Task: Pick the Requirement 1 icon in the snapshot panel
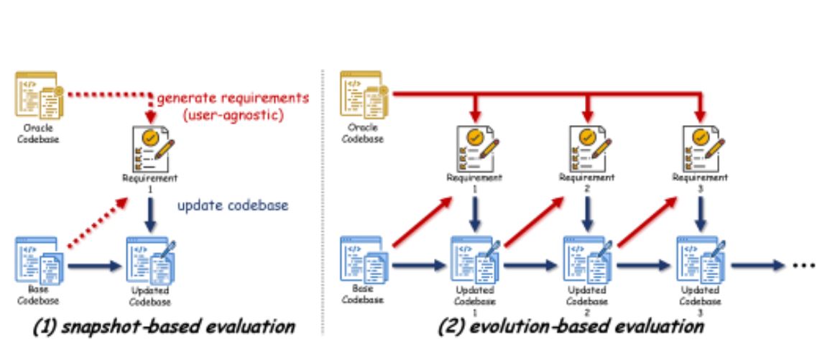click(x=150, y=148)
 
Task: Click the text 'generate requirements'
click(x=233, y=97)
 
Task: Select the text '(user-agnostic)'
click(x=234, y=114)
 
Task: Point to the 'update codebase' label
click(x=234, y=206)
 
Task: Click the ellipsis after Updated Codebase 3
click(x=803, y=264)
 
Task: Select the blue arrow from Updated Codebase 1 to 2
click(x=530, y=265)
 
